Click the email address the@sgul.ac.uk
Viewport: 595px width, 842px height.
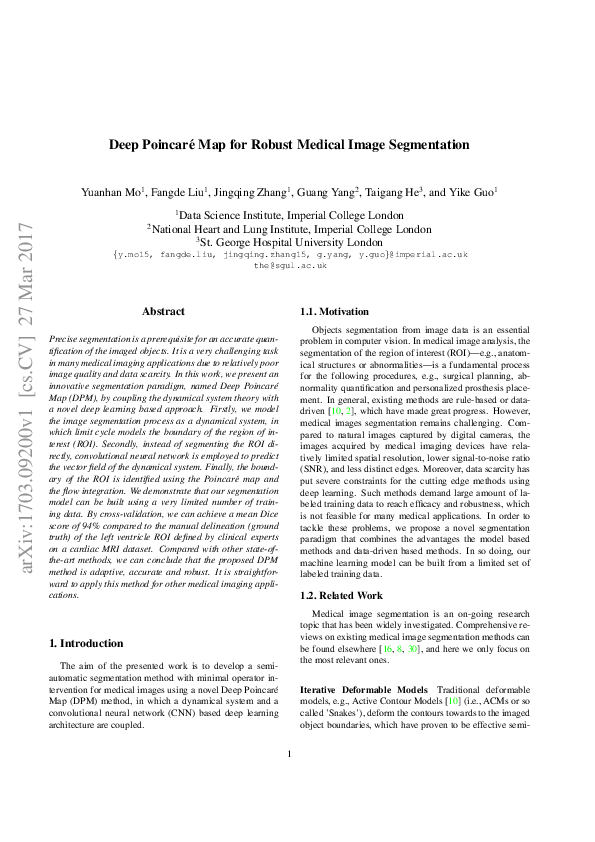[290, 266]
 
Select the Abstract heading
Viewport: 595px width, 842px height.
[163, 312]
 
